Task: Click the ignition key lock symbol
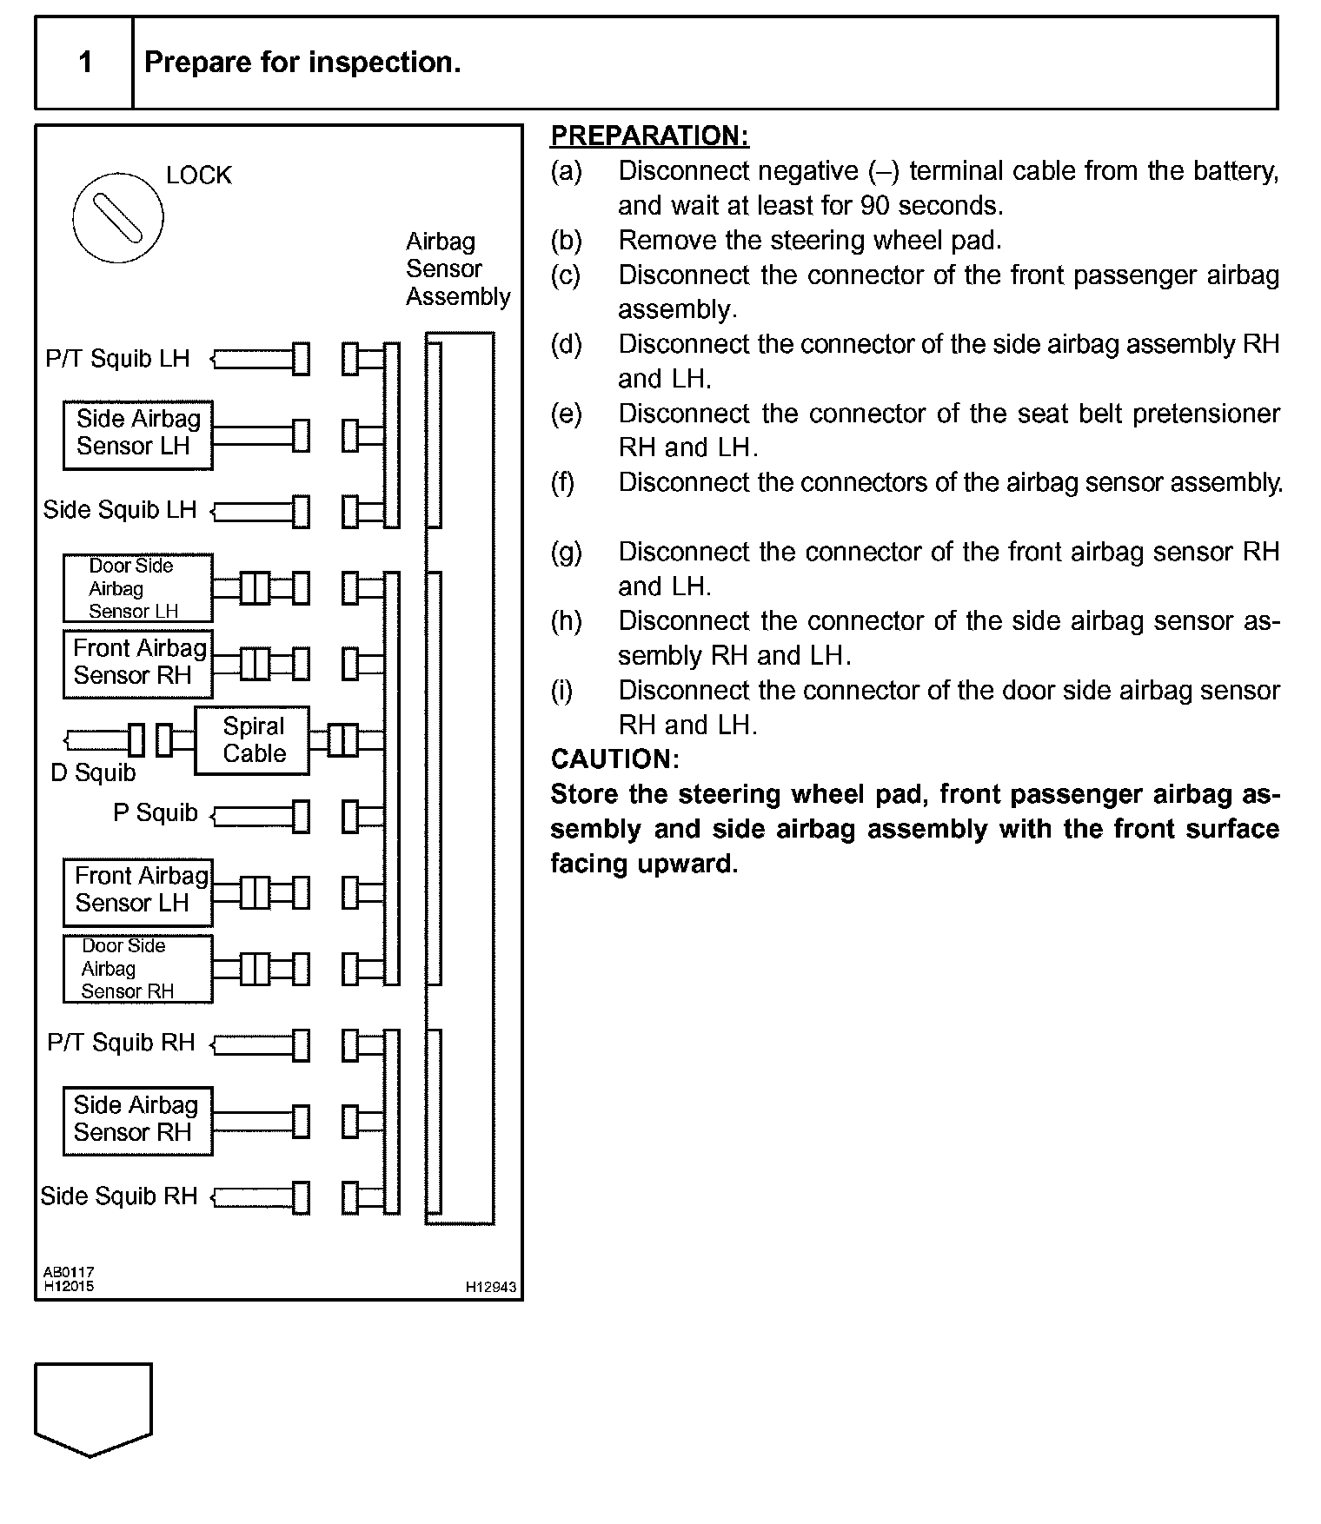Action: pyautogui.click(x=117, y=216)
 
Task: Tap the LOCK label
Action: pyautogui.click(x=198, y=176)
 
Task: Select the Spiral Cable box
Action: pyautogui.click(x=252, y=740)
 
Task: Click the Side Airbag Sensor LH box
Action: pyautogui.click(x=137, y=434)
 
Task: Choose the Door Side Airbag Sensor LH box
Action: pyautogui.click(x=137, y=588)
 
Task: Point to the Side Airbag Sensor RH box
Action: pyautogui.click(x=137, y=1120)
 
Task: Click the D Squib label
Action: pyautogui.click(x=94, y=772)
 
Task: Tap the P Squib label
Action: pyautogui.click(x=156, y=813)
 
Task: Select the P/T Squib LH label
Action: pyautogui.click(x=117, y=359)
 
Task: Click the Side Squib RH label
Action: pyautogui.click(x=119, y=1196)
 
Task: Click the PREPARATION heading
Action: pyautogui.click(x=649, y=136)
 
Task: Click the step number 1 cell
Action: pyautogui.click(x=84, y=63)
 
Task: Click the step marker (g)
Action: pyautogui.click(x=566, y=552)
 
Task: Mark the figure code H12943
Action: pyautogui.click(x=491, y=1287)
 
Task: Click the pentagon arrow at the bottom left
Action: pyautogui.click(x=93, y=1408)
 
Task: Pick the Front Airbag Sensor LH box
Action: pyautogui.click(x=137, y=891)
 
